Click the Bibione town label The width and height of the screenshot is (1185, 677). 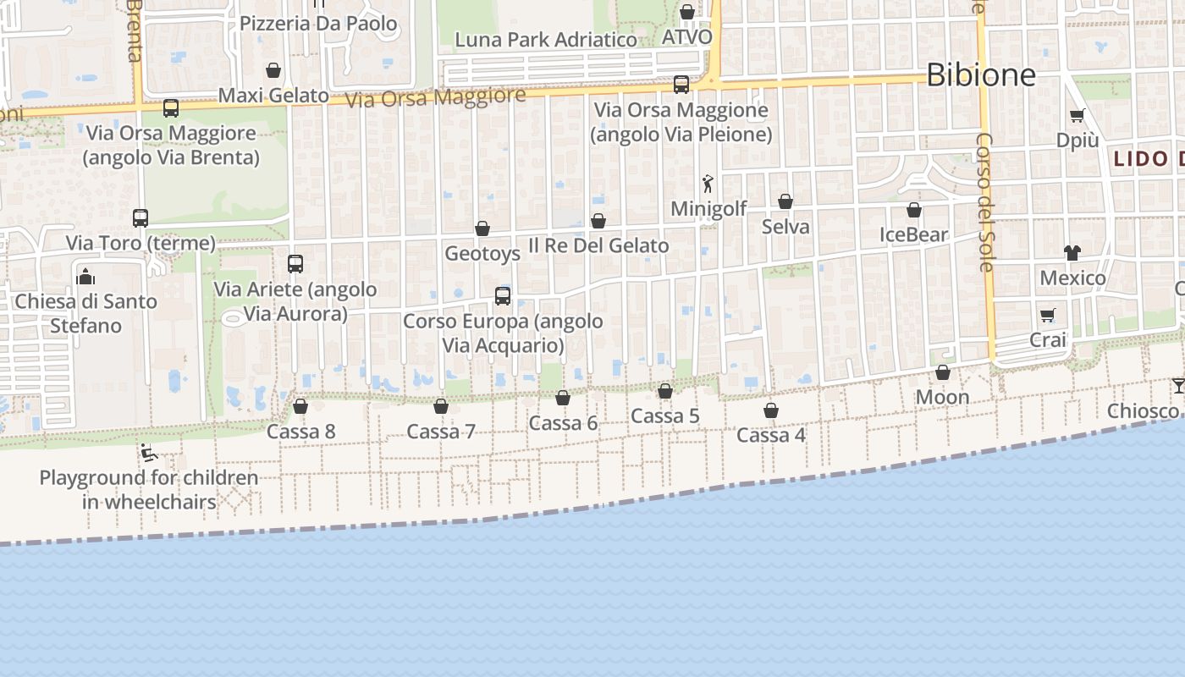(x=981, y=75)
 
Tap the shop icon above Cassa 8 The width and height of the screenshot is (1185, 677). (x=300, y=406)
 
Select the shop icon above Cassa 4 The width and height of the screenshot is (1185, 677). (x=771, y=410)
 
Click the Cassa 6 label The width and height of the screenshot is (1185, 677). (x=563, y=423)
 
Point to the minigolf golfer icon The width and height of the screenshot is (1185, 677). (x=708, y=183)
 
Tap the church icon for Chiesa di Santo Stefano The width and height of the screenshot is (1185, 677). (x=85, y=277)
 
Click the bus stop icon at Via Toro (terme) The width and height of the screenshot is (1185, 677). (x=141, y=218)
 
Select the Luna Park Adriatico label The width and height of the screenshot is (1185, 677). (x=546, y=40)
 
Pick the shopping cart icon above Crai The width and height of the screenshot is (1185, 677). (x=1048, y=316)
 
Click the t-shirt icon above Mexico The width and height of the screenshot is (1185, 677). (x=1072, y=252)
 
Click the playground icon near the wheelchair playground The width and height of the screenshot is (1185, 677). (x=149, y=453)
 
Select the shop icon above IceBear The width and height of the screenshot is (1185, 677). (x=914, y=210)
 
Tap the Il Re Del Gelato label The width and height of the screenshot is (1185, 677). (x=598, y=245)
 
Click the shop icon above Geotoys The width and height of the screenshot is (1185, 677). (x=482, y=228)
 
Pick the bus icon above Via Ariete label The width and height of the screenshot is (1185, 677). (x=295, y=264)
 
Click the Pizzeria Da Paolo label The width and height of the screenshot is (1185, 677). (x=318, y=24)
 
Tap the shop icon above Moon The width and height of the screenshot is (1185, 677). (x=943, y=372)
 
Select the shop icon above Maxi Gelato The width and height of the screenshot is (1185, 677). (x=273, y=70)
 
